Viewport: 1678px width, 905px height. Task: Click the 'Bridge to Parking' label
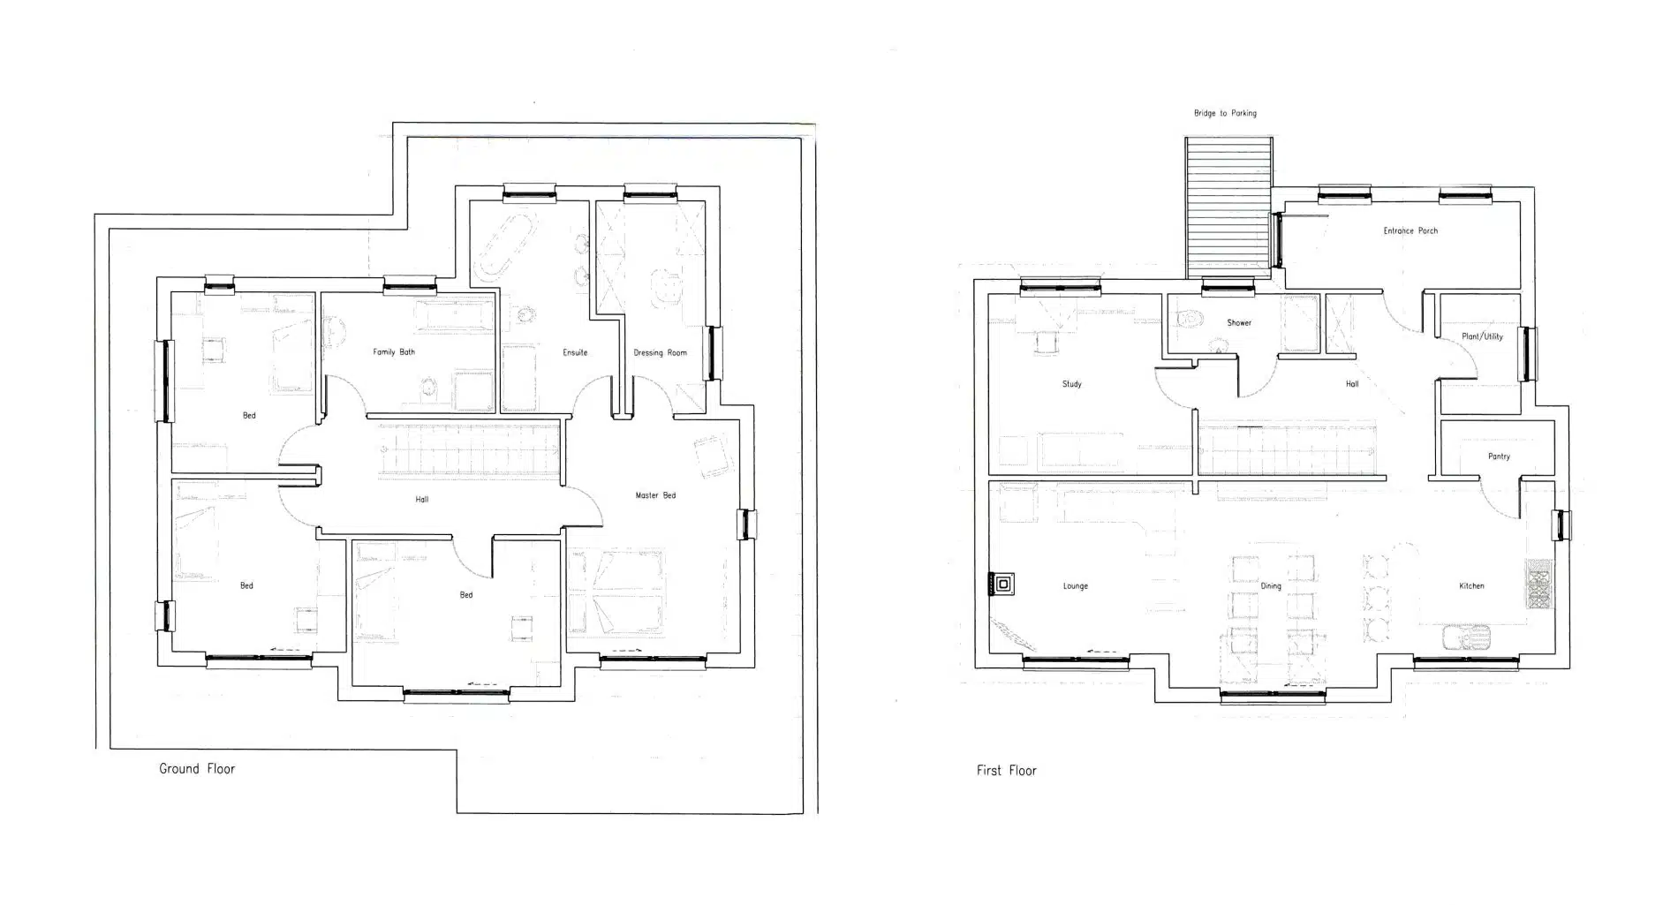pos(1225,113)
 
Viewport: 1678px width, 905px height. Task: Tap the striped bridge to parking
pos(1228,208)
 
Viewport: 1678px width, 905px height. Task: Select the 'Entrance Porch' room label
pos(1410,230)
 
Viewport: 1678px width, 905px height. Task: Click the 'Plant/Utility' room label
pos(1482,336)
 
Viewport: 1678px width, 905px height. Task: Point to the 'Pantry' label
pos(1499,456)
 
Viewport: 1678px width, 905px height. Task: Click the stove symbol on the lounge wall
pos(1002,584)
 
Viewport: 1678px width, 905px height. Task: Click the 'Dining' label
pos(1271,586)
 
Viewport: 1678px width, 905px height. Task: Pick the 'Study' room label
pos(1072,384)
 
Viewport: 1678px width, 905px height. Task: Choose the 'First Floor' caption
pos(1006,771)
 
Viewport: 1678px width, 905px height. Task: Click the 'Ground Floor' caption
pos(197,769)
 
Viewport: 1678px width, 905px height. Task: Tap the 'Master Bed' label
pos(655,495)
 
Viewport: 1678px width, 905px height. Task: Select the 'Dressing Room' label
pos(660,353)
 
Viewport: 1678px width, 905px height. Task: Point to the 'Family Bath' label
pos(394,352)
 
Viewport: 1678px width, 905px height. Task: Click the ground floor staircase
pos(470,451)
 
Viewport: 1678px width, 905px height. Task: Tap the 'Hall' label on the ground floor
pos(422,500)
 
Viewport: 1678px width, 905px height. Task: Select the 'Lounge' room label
pos(1076,586)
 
